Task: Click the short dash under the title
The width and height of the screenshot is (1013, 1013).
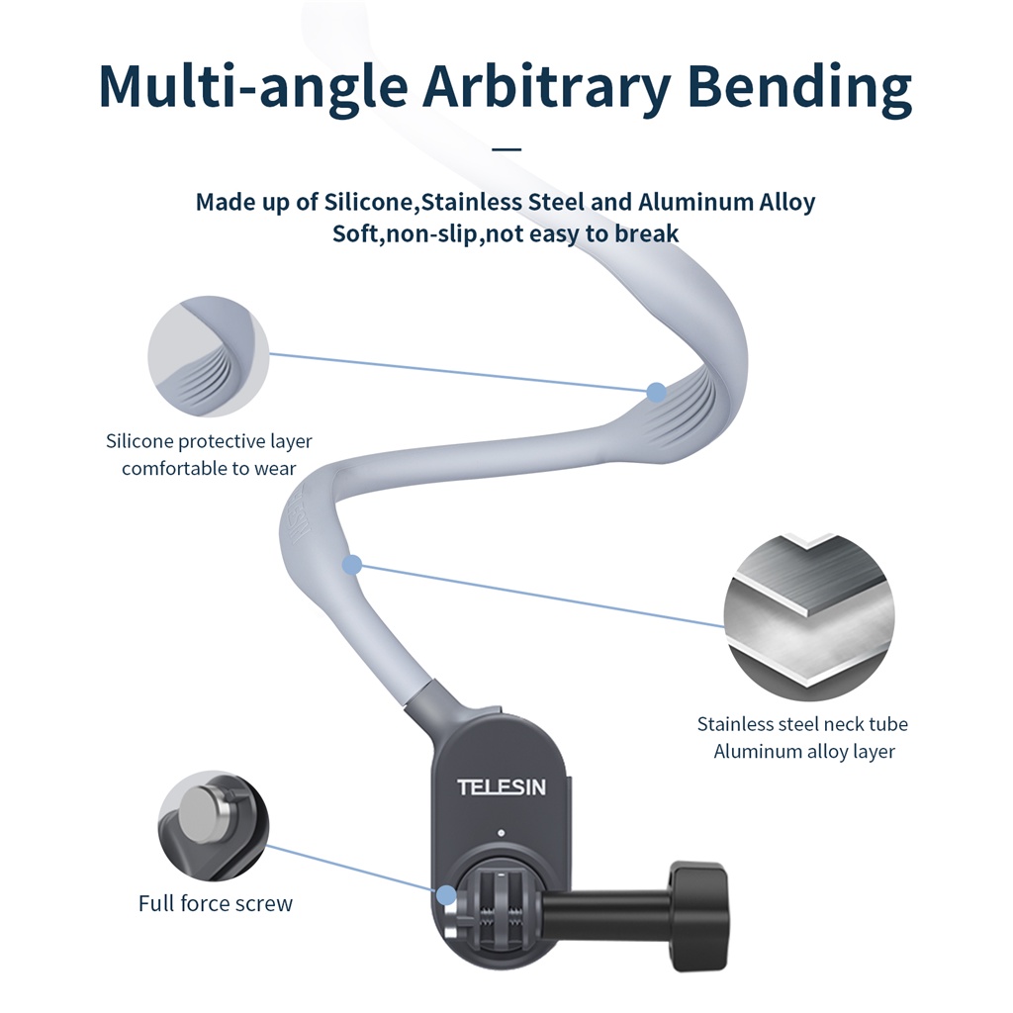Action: pos(506,149)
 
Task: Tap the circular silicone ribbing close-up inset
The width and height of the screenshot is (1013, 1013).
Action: pos(209,356)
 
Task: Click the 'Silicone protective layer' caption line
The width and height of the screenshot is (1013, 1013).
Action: pos(209,441)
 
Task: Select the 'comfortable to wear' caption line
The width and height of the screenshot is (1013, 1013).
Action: pos(209,468)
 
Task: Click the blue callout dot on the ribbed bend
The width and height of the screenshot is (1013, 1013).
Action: pos(656,393)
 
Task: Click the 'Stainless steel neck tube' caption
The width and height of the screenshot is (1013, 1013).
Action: pos(802,724)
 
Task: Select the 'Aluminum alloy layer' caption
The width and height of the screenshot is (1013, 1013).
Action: pos(804,752)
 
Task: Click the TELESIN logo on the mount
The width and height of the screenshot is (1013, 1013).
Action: pos(502,787)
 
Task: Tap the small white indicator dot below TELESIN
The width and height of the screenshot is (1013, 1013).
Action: pos(503,832)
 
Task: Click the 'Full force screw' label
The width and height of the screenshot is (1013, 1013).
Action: pos(216,903)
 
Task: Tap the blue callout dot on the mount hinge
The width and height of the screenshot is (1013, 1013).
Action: pos(447,895)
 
